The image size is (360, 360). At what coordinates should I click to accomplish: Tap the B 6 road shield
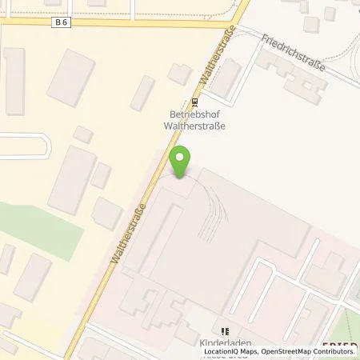pos(62,23)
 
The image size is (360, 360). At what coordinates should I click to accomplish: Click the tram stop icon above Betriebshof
pos(195,102)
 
